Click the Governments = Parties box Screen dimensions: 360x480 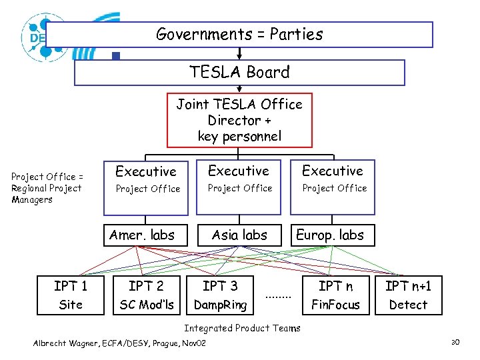239,35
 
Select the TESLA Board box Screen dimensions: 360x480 239,73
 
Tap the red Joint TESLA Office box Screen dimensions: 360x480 239,120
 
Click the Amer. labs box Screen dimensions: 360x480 142,235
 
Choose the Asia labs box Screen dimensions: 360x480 239,235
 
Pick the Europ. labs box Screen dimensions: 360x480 330,235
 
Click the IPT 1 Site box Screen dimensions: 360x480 71,295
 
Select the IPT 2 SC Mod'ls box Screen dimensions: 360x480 146,295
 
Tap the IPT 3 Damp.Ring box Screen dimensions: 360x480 220,295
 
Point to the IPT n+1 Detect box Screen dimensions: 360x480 408,295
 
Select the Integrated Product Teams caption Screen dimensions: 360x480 242,328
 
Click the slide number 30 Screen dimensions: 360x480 456,343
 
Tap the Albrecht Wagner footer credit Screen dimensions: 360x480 120,343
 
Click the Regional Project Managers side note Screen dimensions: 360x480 47,188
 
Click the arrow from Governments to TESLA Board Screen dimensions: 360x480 239,53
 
